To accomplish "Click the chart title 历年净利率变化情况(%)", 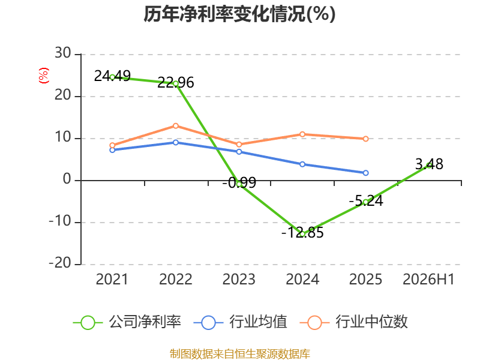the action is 239,14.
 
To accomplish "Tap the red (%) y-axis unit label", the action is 43,76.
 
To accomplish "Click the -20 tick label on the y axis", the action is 60,263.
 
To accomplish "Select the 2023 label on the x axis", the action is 239,279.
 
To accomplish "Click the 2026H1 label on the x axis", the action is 428,279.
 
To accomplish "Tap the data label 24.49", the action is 112,76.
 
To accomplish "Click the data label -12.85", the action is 302,233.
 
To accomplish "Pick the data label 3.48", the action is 429,164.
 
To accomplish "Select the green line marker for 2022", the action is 176,83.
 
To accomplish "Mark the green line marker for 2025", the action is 365,202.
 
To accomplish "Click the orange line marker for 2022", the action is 176,126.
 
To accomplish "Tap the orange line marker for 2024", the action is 302,134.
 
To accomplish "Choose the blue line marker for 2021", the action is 112,150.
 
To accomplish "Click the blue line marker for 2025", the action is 365,173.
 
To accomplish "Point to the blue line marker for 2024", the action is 302,164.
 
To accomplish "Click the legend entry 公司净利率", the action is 127,322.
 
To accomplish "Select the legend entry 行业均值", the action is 241,322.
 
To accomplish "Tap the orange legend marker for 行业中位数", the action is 314,323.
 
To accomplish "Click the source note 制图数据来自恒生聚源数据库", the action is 240,354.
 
